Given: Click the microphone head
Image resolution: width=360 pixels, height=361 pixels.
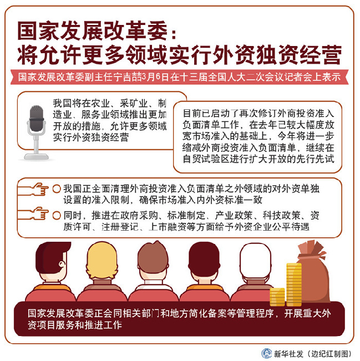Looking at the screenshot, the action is [x=37, y=118].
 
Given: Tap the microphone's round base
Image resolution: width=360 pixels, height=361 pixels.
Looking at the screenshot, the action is [x=37, y=157].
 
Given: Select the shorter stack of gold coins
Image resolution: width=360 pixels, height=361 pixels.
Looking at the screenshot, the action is [x=277, y=297].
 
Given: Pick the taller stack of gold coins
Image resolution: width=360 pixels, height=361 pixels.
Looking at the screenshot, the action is [x=294, y=284].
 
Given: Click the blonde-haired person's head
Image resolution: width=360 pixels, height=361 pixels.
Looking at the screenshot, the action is [x=102, y=260].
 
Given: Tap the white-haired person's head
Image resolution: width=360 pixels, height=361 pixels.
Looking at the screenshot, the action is [x=255, y=260].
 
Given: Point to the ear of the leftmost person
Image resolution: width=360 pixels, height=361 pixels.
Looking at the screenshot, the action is [x=62, y=264].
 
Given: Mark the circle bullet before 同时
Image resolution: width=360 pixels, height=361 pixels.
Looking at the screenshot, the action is [x=57, y=216].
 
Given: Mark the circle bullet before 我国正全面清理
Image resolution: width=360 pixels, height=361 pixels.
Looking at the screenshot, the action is [x=57, y=189].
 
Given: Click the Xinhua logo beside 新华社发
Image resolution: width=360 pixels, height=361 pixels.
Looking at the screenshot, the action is [x=267, y=353].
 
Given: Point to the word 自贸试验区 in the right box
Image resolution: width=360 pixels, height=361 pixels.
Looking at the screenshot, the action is [x=206, y=159].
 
